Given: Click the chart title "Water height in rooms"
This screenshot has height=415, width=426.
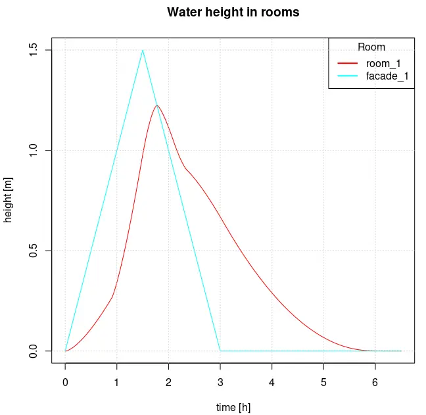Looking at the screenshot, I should (233, 12).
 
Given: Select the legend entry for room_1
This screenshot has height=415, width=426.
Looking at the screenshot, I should (383, 63).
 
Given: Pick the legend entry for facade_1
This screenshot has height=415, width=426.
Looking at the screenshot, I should (387, 76).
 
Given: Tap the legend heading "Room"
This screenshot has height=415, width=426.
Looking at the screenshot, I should (371, 47).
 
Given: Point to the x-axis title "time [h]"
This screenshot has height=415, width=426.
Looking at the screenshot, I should (233, 408).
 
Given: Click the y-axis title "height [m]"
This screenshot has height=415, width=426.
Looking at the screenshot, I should (9, 201).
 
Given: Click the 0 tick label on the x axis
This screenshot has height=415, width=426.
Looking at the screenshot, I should (65, 382).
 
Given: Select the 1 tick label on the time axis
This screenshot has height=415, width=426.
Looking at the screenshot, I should (117, 382).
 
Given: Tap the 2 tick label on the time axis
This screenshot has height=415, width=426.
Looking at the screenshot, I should (168, 382).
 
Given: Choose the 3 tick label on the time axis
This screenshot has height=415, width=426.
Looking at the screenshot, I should (220, 382).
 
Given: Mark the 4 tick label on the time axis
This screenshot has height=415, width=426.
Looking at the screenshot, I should (272, 382).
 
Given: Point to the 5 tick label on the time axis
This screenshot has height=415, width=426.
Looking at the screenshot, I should (323, 382).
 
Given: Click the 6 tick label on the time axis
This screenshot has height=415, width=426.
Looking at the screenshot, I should (375, 382).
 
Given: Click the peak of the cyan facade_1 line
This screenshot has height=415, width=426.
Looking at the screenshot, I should (143, 50).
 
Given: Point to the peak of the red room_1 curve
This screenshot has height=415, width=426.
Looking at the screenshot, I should (156, 105).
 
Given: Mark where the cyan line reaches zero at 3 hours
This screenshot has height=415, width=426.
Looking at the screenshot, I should (220, 351).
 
